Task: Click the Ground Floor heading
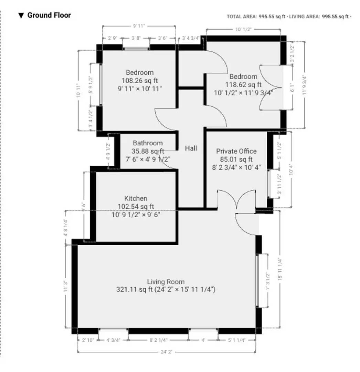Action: pos(49,15)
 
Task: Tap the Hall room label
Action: pos(191,148)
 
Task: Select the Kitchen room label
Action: pos(136,198)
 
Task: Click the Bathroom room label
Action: pos(148,143)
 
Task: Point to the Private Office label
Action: pos(236,151)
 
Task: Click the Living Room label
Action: pos(166,282)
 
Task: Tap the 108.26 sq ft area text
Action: pos(139,81)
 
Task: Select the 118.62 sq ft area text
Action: pos(243,84)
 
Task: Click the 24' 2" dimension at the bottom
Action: pos(166,352)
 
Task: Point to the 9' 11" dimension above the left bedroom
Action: pos(139,25)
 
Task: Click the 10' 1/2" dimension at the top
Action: pos(243,30)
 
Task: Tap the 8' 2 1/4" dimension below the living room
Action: pos(158,340)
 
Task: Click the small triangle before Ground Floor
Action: pos(21,15)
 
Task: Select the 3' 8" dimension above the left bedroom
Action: pos(136,38)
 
